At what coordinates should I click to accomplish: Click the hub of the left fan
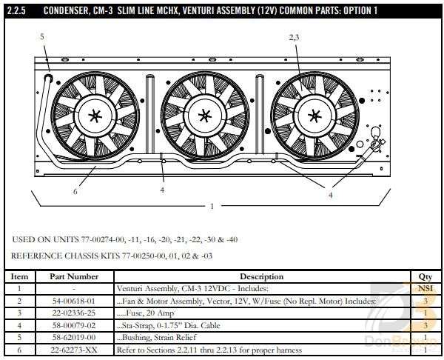[x=95, y=116]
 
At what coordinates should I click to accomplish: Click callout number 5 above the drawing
[x=41, y=36]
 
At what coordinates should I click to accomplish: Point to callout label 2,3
[x=294, y=36]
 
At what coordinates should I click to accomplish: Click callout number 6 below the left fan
[x=75, y=191]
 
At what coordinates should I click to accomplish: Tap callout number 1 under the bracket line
[x=212, y=206]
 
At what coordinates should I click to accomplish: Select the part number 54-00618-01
[x=73, y=301]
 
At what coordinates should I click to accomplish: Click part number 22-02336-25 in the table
[x=73, y=313]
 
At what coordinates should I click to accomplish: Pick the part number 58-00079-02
[x=73, y=324]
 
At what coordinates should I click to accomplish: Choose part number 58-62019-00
[x=73, y=336]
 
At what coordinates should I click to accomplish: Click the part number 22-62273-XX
[x=73, y=348]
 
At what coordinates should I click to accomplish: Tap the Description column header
[x=262, y=276]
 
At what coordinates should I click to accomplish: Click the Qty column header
[x=425, y=276]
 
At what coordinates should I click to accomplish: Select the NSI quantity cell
[x=425, y=288]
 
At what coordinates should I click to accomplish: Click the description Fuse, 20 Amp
[x=149, y=313]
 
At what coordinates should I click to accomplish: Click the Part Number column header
[x=73, y=276]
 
